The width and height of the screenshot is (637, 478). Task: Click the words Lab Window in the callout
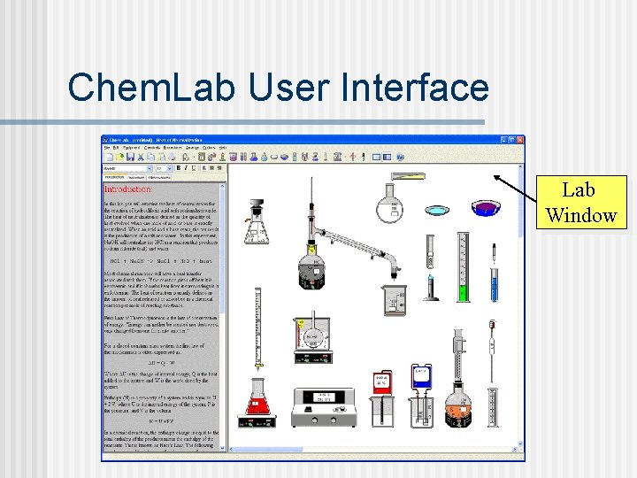pos(580,203)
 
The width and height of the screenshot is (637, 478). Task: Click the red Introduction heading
pos(128,189)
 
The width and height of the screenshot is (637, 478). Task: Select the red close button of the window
pos(520,140)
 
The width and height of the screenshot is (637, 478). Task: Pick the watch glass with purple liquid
pos(485,209)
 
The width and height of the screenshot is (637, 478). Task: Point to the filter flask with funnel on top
pos(257,225)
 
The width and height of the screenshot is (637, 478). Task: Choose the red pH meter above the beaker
pos(382,383)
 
